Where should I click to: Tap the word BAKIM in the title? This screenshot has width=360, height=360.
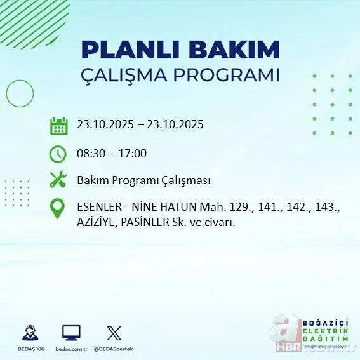(236, 50)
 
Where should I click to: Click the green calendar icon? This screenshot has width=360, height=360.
(58, 125)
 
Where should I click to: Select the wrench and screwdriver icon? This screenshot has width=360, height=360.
(58, 180)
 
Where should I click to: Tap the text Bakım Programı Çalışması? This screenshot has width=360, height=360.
(143, 180)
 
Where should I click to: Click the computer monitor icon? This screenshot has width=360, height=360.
(71, 333)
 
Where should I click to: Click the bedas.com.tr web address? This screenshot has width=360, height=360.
(71, 349)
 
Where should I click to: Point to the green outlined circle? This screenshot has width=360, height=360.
(20, 95)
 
